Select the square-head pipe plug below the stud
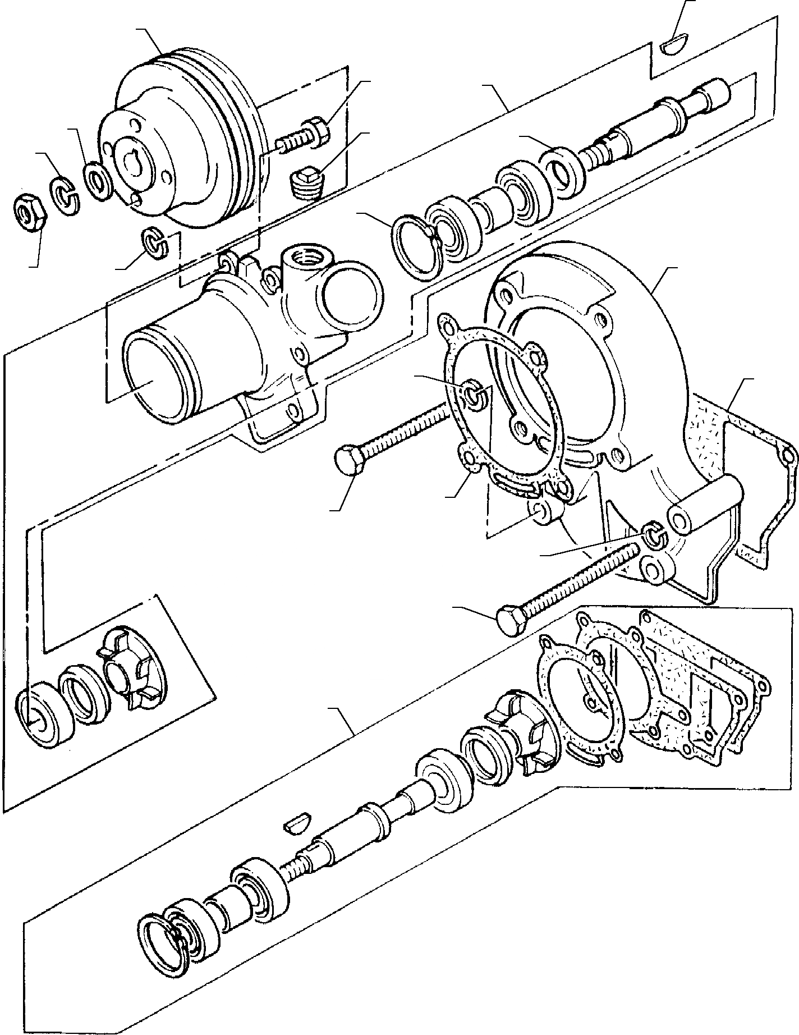click(x=306, y=182)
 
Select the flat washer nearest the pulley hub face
click(x=98, y=181)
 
